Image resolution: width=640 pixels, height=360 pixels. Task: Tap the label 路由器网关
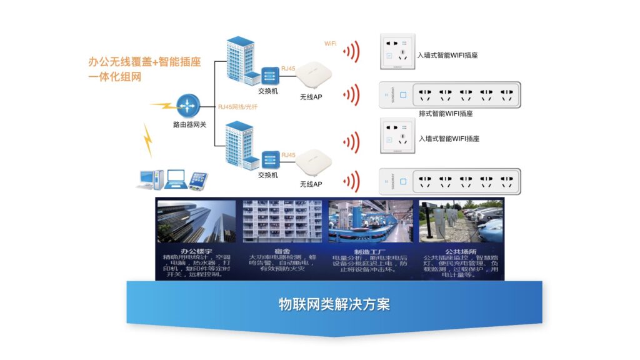189,125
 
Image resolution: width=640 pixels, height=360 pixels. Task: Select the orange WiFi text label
330,44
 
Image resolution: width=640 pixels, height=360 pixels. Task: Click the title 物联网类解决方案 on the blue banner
334,304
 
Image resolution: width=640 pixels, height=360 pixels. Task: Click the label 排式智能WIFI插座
445,114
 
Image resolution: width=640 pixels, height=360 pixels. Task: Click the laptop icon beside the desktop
176,180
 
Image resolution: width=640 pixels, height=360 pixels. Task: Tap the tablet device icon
198,181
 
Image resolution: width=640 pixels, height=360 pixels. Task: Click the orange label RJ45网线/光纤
237,107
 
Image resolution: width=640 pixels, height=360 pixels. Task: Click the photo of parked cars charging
461,221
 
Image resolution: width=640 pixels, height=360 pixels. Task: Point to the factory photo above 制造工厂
371,221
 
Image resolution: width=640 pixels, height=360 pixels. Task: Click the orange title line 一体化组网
114,77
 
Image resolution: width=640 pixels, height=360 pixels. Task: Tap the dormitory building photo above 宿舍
282,221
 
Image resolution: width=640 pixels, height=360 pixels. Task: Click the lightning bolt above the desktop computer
148,141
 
